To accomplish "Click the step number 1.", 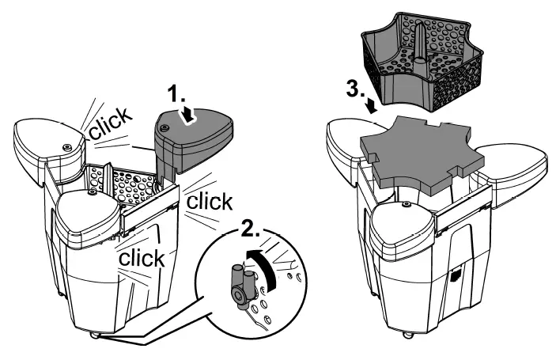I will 178,96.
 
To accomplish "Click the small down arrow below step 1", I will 189,116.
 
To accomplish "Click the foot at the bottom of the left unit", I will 96,335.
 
